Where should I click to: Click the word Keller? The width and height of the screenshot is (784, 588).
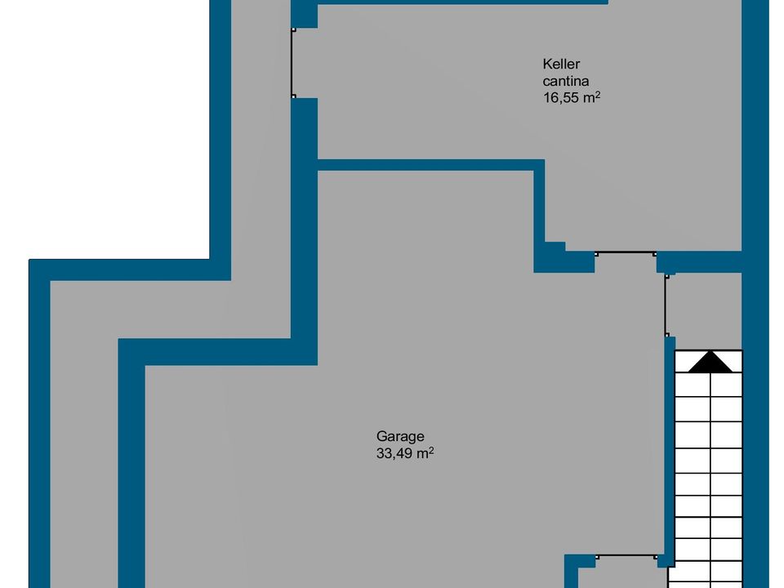[x=561, y=64]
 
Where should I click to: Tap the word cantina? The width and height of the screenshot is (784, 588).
[x=565, y=81]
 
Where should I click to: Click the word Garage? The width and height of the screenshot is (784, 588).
[x=400, y=436]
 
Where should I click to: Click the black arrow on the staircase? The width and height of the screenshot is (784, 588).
[x=710, y=362]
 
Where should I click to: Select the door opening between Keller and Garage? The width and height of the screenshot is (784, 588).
[x=626, y=253]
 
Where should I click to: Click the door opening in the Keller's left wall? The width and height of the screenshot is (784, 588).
[x=293, y=63]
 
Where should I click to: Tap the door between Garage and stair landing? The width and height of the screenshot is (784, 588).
[x=666, y=305]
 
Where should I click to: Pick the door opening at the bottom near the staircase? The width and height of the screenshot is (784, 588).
[x=626, y=556]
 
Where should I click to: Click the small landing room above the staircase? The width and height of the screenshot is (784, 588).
[x=706, y=311]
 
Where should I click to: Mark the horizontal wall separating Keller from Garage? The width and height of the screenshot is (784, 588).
[x=431, y=165]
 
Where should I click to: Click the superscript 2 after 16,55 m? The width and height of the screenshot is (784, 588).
[x=598, y=93]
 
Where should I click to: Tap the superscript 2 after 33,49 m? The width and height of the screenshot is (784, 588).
[x=431, y=449]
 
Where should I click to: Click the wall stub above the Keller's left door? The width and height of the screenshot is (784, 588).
[x=304, y=14]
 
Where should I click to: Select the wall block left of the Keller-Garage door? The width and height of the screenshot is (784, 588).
[x=564, y=258]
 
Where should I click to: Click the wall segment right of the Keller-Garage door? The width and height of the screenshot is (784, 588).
[x=699, y=262]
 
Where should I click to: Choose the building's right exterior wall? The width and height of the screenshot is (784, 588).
[x=755, y=294]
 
